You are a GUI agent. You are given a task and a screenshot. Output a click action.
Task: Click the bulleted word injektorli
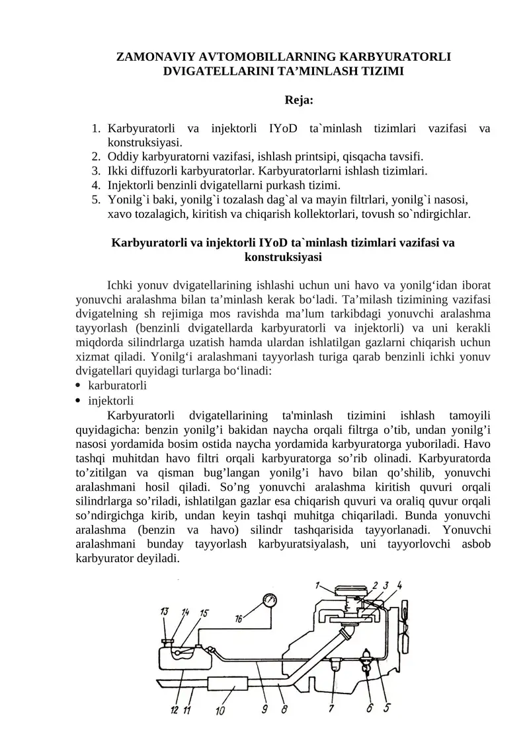point(111,400)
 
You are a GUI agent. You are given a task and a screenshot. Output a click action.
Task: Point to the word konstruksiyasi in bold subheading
point(283,258)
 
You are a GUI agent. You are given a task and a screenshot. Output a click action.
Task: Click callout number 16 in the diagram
point(239,619)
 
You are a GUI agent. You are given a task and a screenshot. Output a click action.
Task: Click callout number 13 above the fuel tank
point(164,612)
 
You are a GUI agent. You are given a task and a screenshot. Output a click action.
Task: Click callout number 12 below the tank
point(174,711)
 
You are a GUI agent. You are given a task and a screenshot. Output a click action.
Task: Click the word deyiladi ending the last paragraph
point(157,558)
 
